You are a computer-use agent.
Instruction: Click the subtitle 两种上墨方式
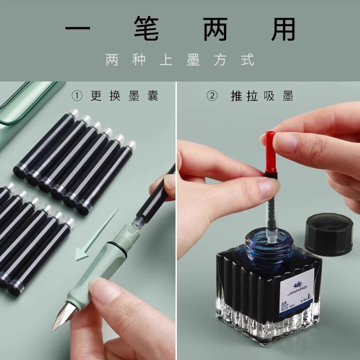[x=180, y=60]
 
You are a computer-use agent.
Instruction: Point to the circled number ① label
[x=77, y=96]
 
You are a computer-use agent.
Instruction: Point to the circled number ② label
[x=212, y=96]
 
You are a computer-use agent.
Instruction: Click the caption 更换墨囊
[x=125, y=96]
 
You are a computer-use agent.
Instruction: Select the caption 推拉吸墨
[x=262, y=96]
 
